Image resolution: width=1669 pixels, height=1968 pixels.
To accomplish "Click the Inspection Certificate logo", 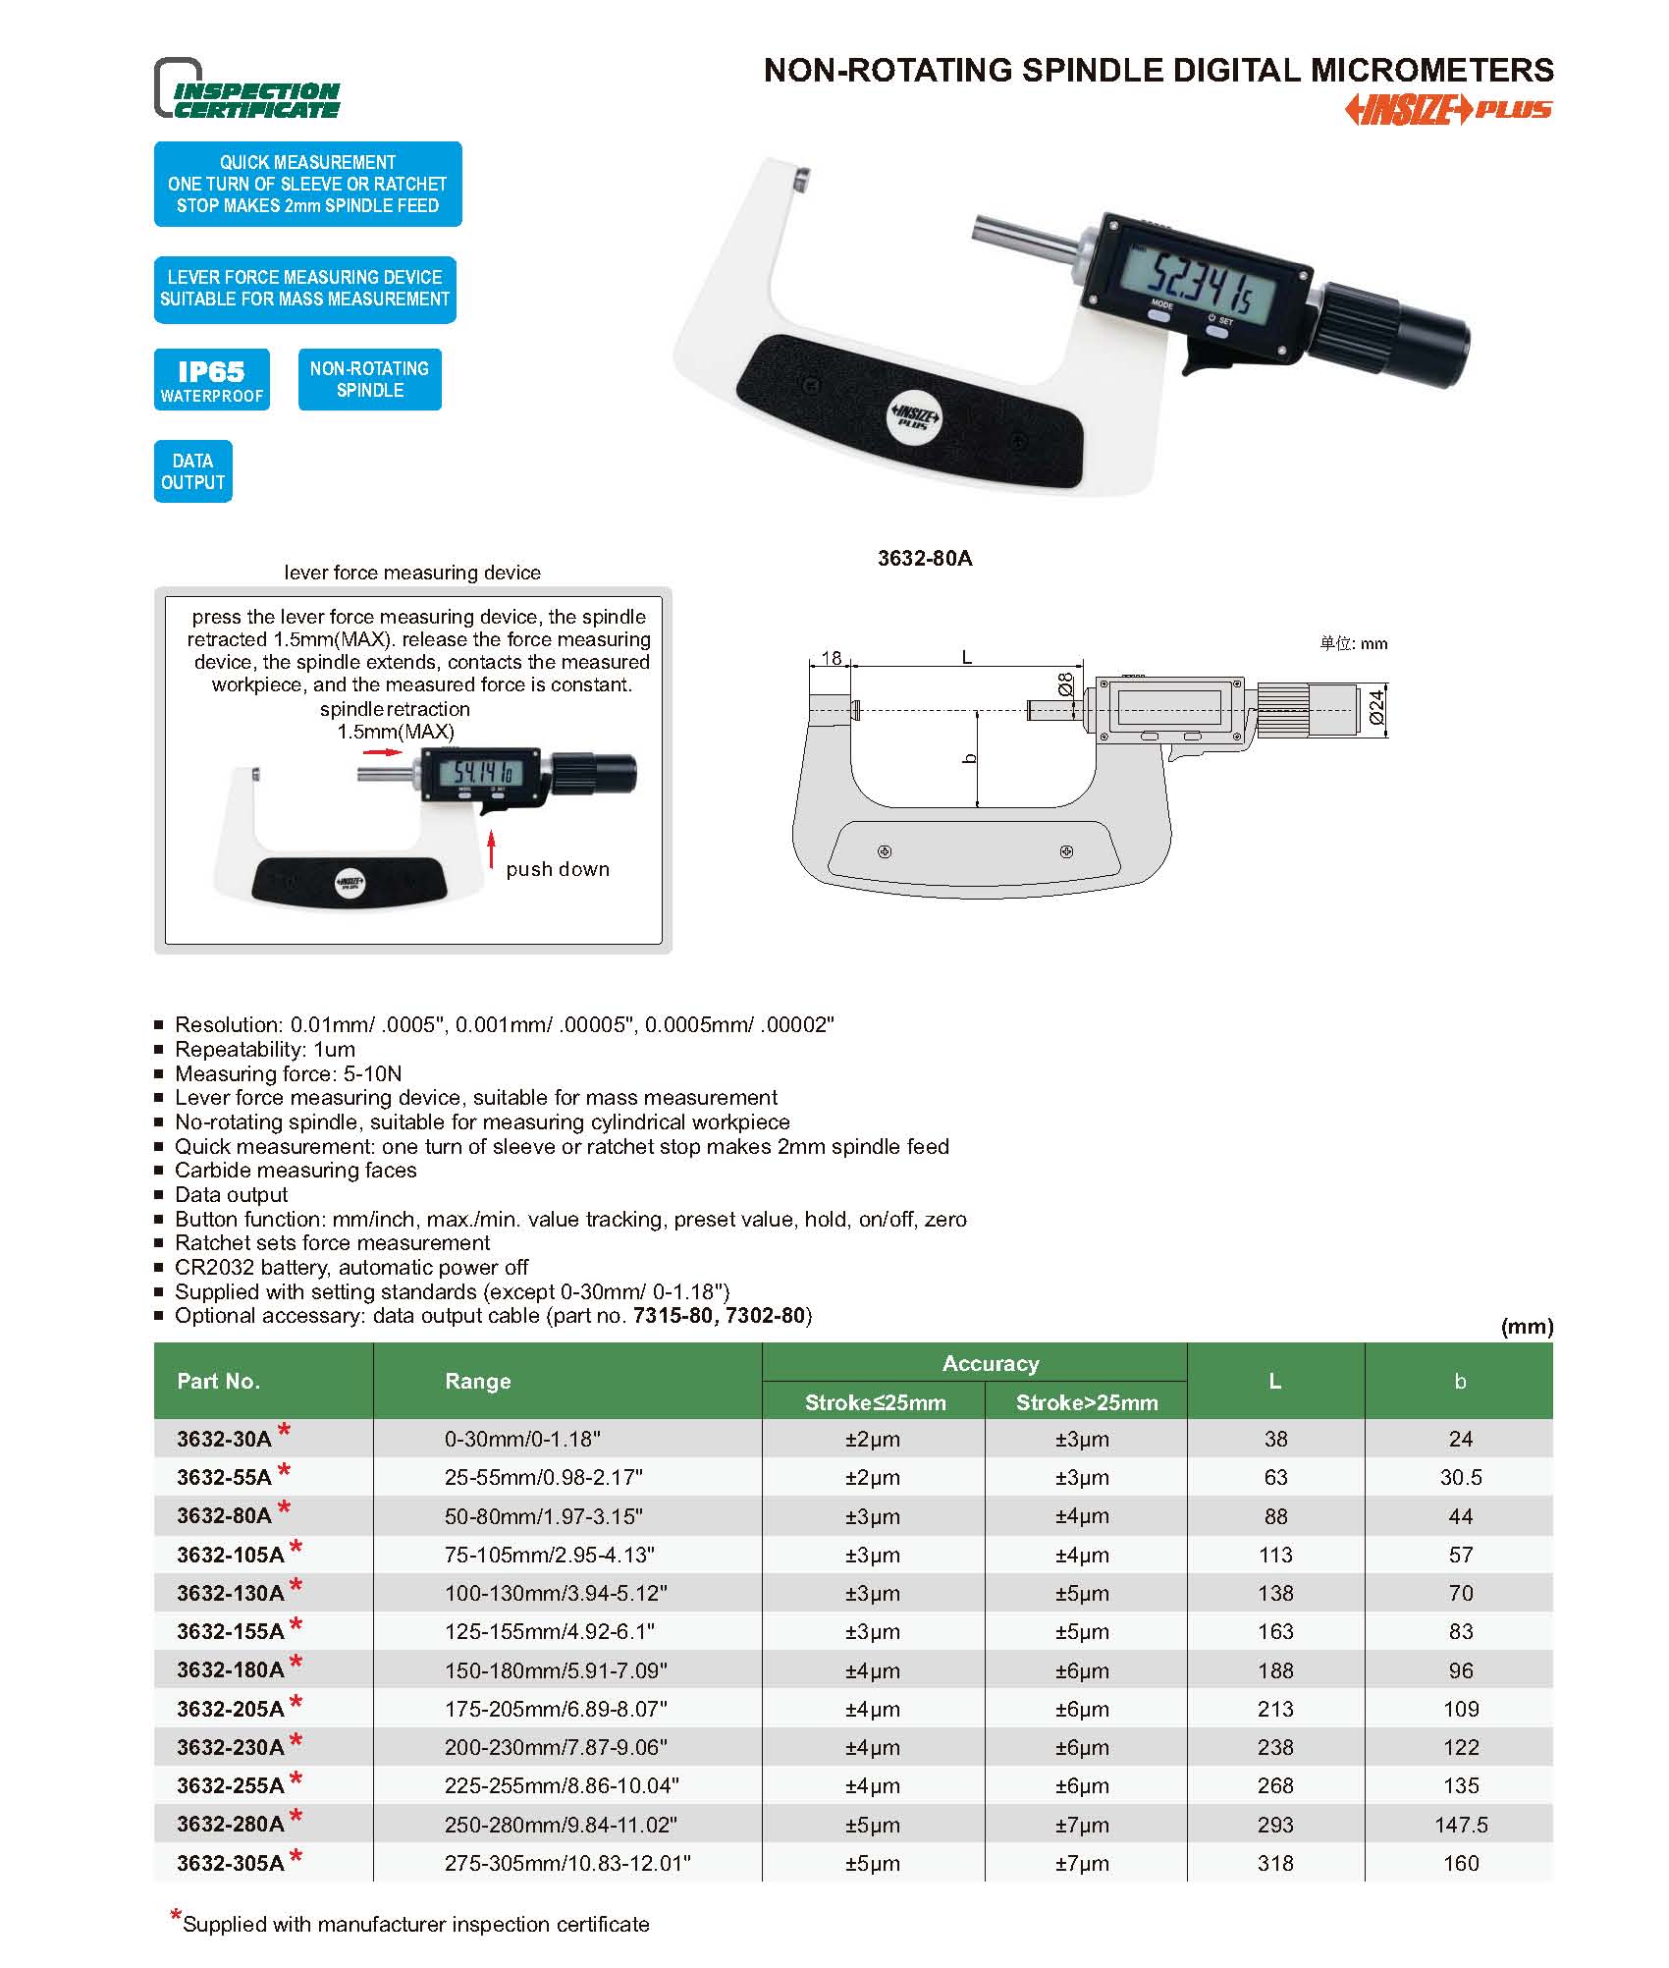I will (247, 89).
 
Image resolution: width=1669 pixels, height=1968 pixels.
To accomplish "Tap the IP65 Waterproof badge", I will (212, 380).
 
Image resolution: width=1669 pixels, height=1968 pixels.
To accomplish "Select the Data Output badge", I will (192, 471).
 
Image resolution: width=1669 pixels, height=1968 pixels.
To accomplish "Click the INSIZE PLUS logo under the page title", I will (1447, 110).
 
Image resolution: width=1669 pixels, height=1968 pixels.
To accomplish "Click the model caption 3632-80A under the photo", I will (924, 559).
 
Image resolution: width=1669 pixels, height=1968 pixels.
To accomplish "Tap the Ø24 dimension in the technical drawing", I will (1376, 708).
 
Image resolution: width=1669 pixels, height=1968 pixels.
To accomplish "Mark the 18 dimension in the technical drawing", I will (831, 658).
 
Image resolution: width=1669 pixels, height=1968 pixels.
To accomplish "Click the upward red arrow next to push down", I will (492, 851).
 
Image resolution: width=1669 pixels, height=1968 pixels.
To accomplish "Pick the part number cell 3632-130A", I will (231, 1593).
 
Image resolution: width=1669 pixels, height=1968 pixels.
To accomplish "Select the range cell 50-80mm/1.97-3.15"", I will (543, 1515).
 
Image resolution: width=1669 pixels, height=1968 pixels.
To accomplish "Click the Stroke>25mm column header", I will (1086, 1402).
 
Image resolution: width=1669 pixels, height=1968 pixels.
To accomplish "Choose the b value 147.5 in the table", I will (1460, 1825).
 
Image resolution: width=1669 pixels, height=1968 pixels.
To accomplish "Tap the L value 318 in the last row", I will (1274, 1863).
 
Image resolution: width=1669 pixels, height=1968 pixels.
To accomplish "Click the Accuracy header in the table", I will (990, 1363).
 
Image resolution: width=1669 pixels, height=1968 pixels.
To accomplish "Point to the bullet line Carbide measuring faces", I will (296, 1171).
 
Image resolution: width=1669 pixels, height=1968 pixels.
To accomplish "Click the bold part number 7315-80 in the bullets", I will (673, 1316).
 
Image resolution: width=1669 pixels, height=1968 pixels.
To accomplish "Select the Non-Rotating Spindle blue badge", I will (369, 380).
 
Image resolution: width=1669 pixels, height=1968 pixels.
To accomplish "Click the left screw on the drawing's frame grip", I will (884, 851).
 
